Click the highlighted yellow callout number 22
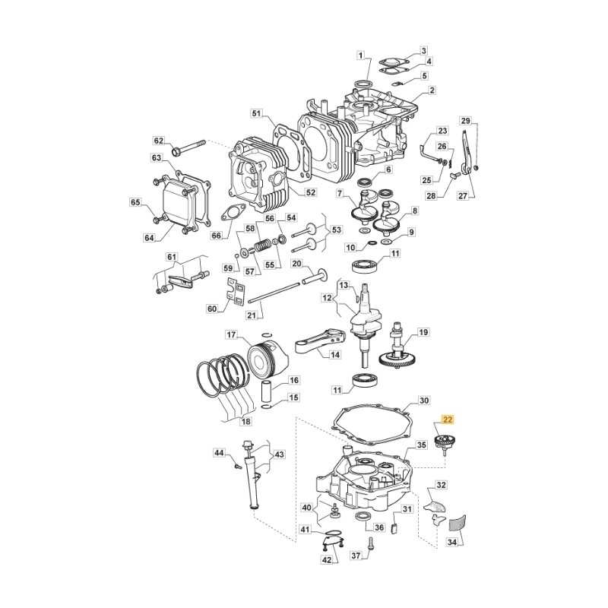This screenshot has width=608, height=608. click(x=448, y=420)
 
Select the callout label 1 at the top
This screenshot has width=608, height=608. click(x=362, y=55)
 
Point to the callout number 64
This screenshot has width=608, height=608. click(x=150, y=238)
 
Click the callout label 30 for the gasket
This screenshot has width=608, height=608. click(x=424, y=401)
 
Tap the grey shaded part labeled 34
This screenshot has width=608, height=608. click(x=457, y=523)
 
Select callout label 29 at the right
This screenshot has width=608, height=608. click(x=467, y=121)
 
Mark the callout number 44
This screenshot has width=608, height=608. click(x=220, y=453)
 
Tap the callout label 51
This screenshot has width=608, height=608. click(x=256, y=114)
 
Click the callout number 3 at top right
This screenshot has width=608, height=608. click(x=424, y=49)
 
